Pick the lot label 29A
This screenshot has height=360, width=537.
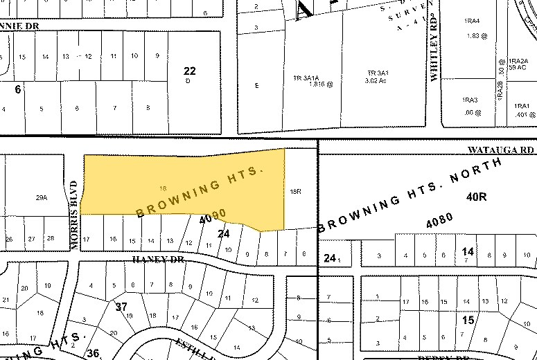tap(41, 197)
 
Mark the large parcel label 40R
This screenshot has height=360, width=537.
tap(476, 197)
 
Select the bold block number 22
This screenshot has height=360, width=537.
tap(190, 71)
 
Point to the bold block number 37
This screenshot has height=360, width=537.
tap(122, 306)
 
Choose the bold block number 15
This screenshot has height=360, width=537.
tap(468, 320)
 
